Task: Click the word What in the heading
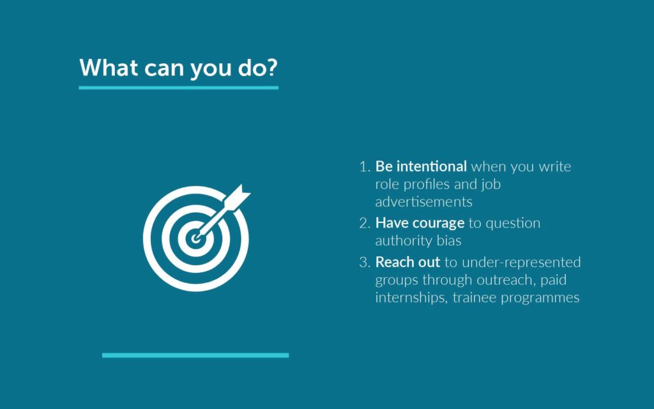109,67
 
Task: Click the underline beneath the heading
179,88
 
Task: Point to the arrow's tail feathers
238,196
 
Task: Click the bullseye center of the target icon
195,239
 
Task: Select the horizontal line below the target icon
195,355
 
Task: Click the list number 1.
364,167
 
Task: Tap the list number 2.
364,223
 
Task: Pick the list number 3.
364,262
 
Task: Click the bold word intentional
431,166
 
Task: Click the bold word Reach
394,262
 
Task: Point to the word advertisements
424,201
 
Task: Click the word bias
449,240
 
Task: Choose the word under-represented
521,263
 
